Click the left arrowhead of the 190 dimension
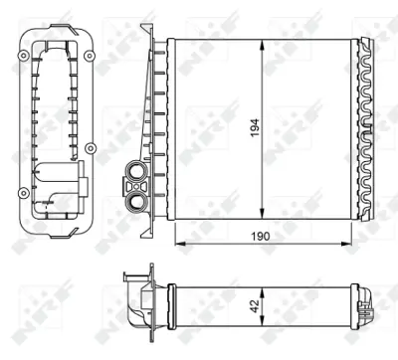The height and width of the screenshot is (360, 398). point(177,240)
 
